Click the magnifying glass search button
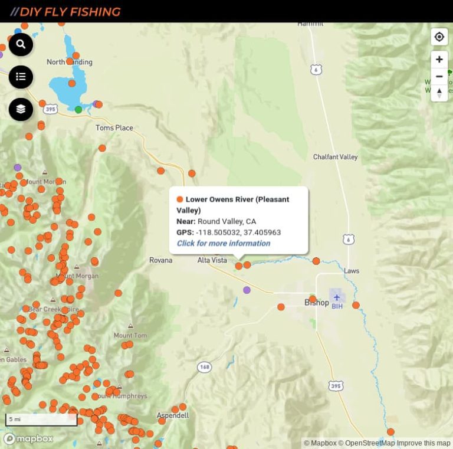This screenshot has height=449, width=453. pyautogui.click(x=21, y=44)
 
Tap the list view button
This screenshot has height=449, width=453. pyautogui.click(x=21, y=77)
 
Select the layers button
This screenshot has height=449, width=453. pyautogui.click(x=21, y=109)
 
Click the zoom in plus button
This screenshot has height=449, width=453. pyautogui.click(x=439, y=60)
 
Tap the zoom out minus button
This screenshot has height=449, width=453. pyautogui.click(x=439, y=77)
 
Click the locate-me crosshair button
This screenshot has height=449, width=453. pyautogui.click(x=439, y=37)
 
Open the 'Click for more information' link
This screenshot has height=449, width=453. pyautogui.click(x=224, y=243)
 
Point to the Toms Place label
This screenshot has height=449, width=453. pyautogui.click(x=114, y=128)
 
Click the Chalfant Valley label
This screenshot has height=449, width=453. pyautogui.click(x=335, y=157)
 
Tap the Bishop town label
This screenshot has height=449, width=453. pyautogui.click(x=316, y=303)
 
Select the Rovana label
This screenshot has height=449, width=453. pyautogui.click(x=160, y=260)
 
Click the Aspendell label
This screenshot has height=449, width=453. pyautogui.click(x=173, y=415)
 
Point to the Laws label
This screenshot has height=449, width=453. pyautogui.click(x=352, y=271)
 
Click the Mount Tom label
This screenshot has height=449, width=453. pyautogui.click(x=130, y=336)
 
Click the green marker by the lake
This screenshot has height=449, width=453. pyautogui.click(x=78, y=109)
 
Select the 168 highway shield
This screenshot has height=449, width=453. pyautogui.click(x=205, y=367)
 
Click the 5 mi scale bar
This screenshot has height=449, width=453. pyautogui.click(x=41, y=419)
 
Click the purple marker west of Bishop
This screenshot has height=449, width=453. pyautogui.click(x=247, y=290)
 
